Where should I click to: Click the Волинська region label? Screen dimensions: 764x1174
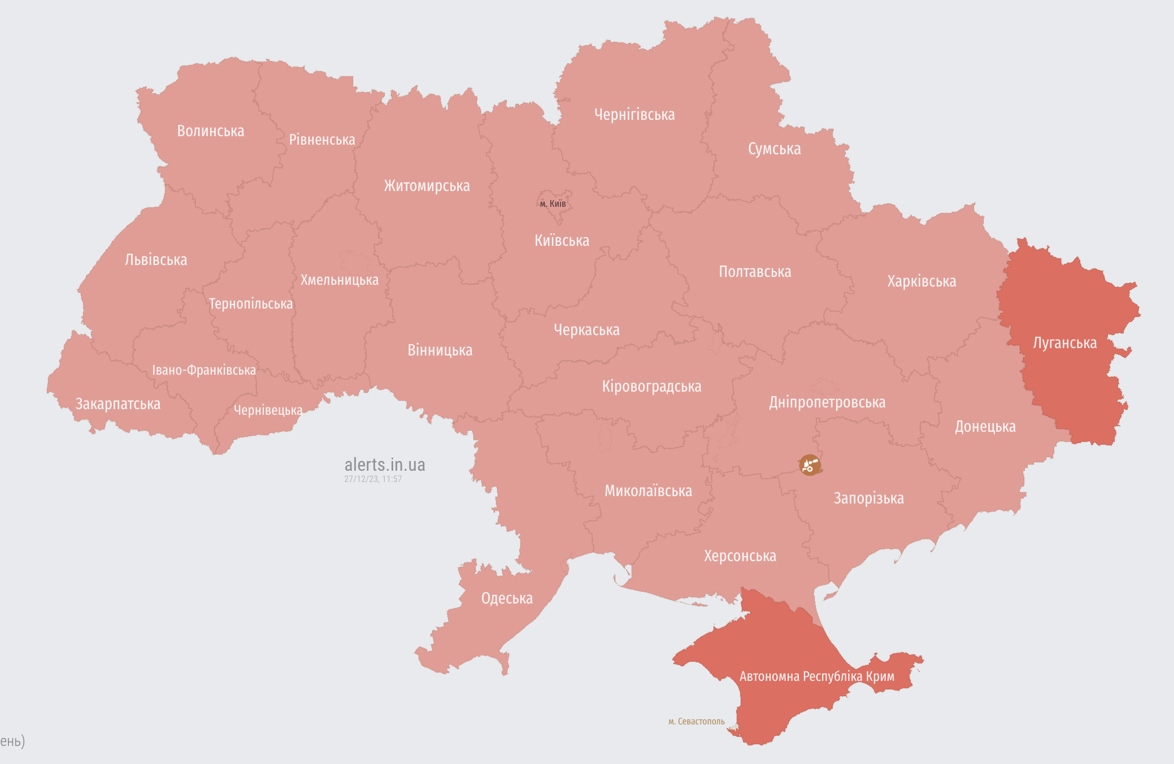210,131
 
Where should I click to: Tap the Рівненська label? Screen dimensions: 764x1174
322,140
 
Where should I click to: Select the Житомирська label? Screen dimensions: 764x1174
427,186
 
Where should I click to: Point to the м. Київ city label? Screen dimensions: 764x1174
553,203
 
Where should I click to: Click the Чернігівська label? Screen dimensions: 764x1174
634,115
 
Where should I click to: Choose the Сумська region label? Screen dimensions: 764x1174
774,149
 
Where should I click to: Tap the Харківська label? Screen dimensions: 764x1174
921,281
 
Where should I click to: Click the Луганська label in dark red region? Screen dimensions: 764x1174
1064,343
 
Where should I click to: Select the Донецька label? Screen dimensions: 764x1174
985,427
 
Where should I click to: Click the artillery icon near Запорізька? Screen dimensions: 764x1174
810,465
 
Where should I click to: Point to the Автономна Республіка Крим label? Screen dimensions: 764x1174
816,676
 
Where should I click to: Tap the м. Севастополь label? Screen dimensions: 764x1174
696,722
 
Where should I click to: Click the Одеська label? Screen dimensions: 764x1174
507,598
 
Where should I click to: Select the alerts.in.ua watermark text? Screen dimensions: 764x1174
385,465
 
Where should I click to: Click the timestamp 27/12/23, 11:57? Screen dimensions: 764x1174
373,479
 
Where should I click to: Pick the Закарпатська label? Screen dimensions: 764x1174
118,404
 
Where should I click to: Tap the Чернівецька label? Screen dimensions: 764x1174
268,410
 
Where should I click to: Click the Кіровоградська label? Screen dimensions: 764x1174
651,387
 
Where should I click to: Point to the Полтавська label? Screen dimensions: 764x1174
755,272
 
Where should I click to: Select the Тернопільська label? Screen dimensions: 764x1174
251,304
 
